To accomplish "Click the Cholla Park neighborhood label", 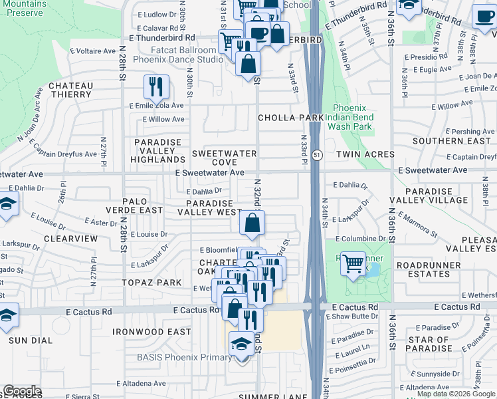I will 290,118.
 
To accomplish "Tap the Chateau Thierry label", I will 70,90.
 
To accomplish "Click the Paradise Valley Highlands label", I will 158,151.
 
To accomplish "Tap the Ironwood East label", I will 151,332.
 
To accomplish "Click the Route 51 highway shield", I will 318,154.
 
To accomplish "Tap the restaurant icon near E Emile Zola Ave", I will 156,86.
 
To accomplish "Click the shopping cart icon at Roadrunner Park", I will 353,263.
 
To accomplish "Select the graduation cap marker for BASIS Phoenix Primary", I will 242,344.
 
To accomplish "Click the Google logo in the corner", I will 21,391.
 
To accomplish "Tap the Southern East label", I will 451,141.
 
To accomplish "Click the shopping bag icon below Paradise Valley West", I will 252,223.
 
